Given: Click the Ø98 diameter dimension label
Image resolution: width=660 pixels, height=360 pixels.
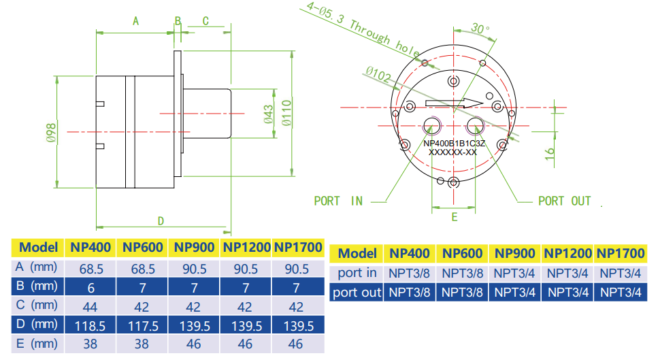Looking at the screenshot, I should (x=51, y=131).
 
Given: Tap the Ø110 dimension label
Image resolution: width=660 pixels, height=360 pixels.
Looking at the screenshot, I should (x=286, y=114).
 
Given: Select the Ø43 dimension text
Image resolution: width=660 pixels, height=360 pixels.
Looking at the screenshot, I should (x=268, y=114).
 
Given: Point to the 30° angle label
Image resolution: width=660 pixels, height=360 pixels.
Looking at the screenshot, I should (x=480, y=29).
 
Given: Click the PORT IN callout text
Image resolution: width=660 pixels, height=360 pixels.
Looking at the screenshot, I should (x=337, y=201).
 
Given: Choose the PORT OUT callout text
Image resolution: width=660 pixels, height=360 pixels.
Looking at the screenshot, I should (x=564, y=201).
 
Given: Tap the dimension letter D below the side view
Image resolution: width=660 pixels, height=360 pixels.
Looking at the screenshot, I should (x=161, y=220).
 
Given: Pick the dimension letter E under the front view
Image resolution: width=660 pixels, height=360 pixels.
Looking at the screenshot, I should (x=455, y=217).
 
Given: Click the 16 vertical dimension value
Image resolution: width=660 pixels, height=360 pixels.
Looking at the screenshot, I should (x=550, y=153).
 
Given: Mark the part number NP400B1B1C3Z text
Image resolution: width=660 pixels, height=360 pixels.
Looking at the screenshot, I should (x=455, y=143).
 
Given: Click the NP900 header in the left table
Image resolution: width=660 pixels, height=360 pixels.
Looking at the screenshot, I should (x=194, y=248).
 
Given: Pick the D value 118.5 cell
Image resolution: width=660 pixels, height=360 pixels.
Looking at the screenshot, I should (x=90, y=326).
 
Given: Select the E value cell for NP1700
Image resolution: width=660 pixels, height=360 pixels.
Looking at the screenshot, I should (x=295, y=344).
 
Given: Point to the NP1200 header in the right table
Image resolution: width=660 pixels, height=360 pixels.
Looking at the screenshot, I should (x=567, y=254).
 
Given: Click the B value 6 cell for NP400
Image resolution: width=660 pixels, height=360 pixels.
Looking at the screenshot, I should (x=90, y=287).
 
